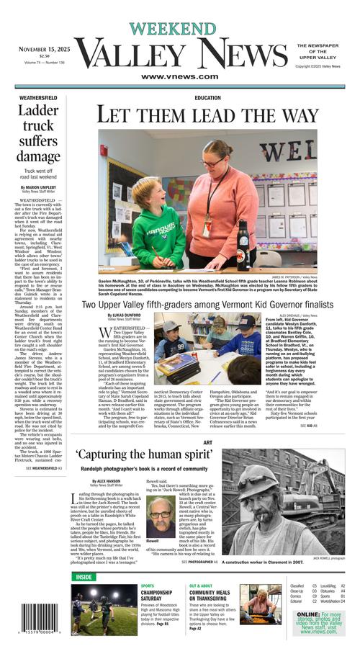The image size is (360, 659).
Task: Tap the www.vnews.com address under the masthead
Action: [180, 76]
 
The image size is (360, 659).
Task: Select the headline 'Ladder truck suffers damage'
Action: [39, 133]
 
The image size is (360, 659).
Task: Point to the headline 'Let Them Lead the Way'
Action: [207, 115]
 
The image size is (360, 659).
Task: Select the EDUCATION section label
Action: [207, 98]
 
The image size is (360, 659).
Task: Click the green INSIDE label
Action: [84, 576]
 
